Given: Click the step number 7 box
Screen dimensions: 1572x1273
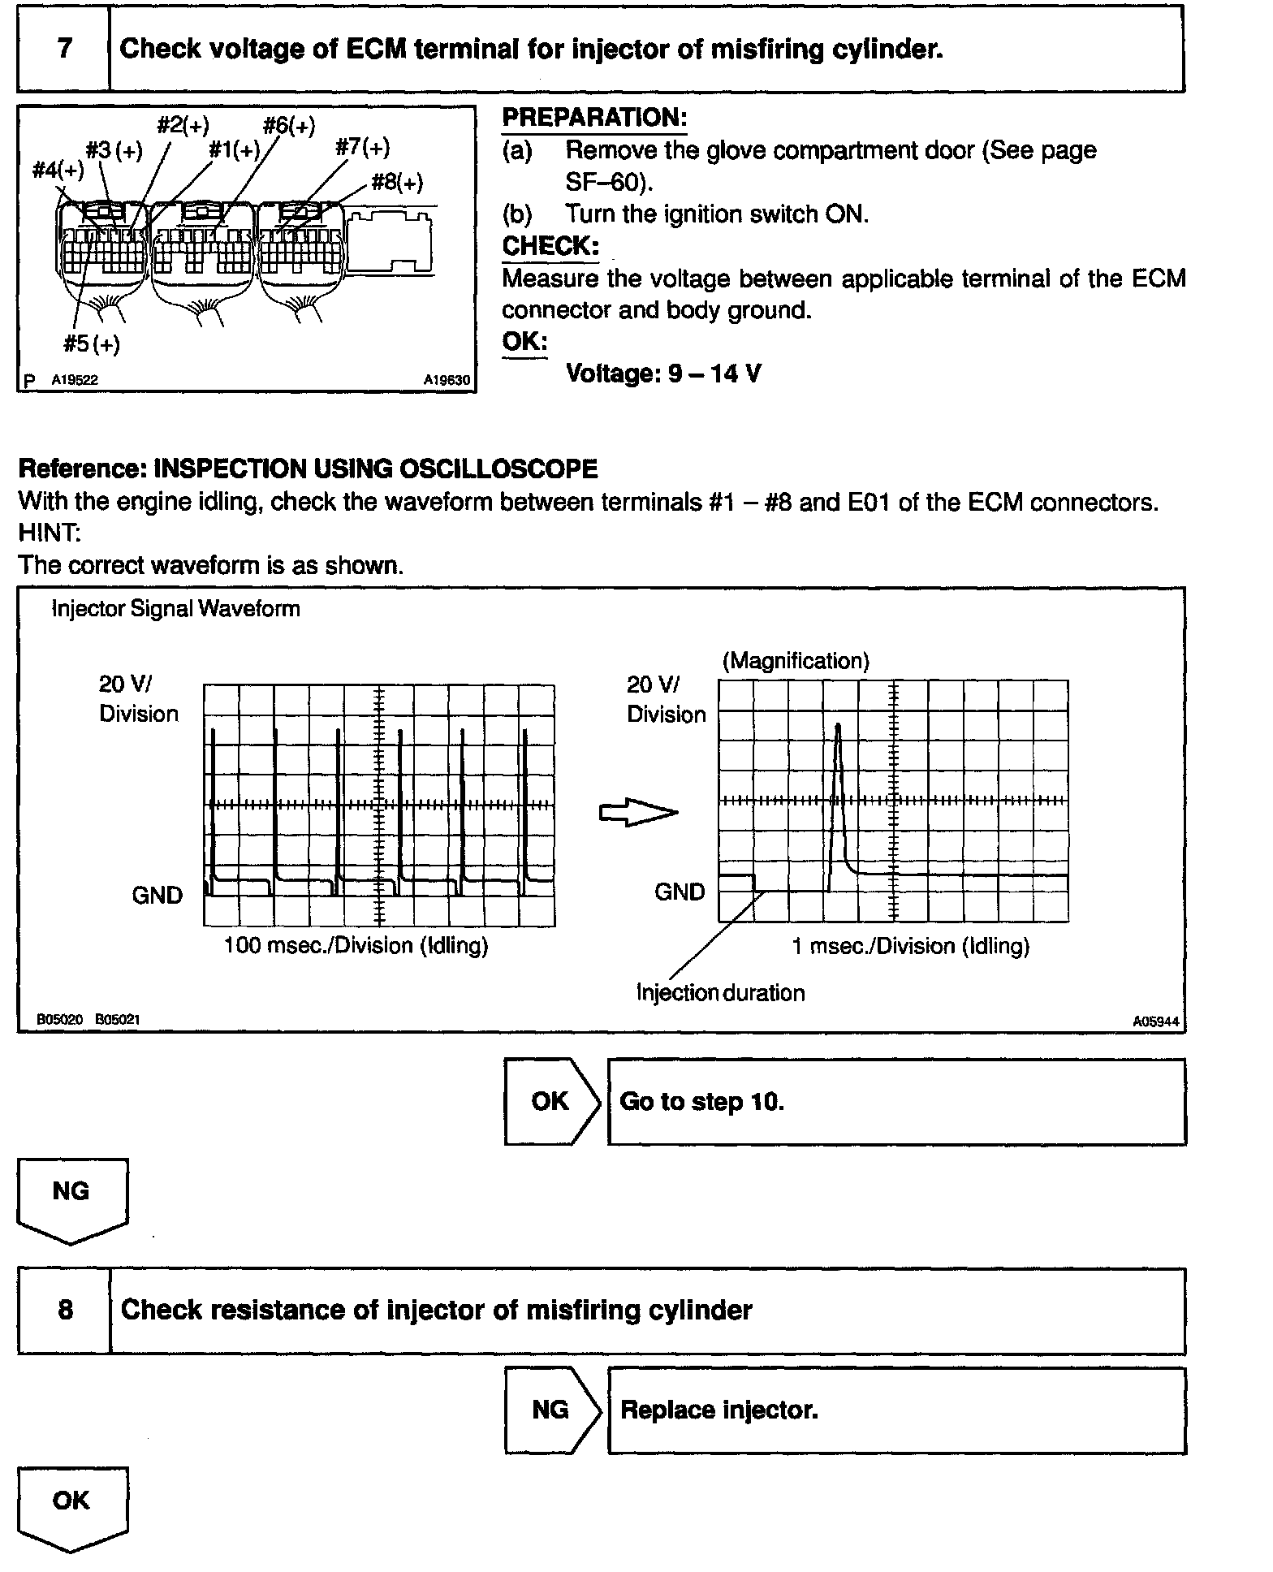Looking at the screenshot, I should (63, 49).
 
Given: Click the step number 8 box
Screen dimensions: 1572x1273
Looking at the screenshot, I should (64, 1310).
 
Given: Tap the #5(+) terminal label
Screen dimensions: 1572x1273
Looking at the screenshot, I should (92, 344).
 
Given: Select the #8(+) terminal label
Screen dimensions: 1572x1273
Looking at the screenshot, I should (397, 182).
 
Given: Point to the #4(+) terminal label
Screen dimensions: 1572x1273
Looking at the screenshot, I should (58, 170).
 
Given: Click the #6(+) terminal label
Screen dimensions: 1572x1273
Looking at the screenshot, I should (289, 126).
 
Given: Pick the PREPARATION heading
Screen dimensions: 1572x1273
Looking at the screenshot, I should (594, 118).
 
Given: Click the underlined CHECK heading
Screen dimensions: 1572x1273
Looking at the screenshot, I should (550, 246).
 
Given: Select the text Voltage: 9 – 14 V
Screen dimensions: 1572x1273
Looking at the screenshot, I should (663, 374).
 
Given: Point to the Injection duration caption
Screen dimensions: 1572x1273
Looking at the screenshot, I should (720, 992).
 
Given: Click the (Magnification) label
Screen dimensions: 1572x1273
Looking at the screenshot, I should (796, 661).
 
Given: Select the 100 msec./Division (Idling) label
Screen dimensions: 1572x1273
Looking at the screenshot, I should (356, 945).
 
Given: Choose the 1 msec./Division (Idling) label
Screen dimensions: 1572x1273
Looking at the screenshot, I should (910, 946).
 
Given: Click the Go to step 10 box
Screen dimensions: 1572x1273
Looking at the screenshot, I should (896, 1102).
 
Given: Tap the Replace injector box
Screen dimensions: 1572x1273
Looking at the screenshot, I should (896, 1410).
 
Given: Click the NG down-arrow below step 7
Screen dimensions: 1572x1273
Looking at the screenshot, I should (71, 1199).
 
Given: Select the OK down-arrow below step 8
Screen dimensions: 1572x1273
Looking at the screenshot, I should (71, 1508).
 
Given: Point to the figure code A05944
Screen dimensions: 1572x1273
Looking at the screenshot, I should (1156, 1021).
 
